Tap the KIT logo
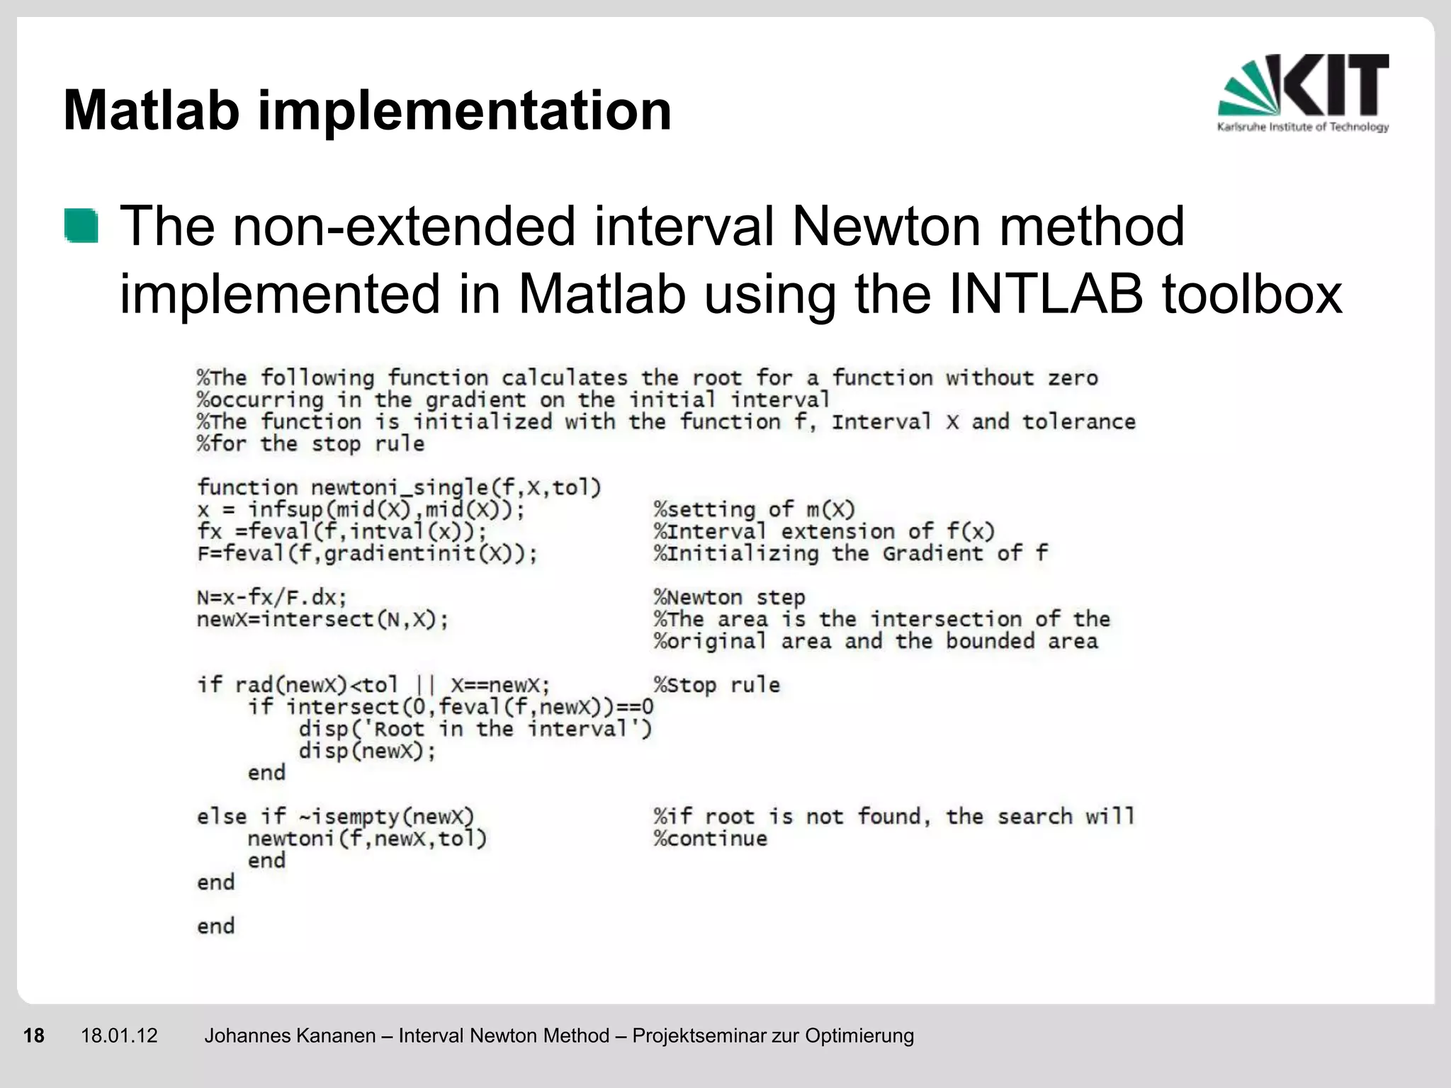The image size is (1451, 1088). pos(1303,93)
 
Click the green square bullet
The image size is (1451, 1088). pos(81,226)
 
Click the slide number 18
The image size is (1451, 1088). pos(33,1036)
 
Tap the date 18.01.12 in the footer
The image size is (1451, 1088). pos(119,1036)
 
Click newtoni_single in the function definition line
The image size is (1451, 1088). pos(399,487)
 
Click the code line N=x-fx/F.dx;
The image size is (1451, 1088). pos(272,597)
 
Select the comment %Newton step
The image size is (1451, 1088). pos(729,597)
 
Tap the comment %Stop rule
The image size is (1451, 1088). pos(716,685)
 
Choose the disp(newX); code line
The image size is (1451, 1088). pos(367,751)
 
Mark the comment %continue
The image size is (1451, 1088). pos(711,839)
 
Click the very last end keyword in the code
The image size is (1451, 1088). pos(215,926)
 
